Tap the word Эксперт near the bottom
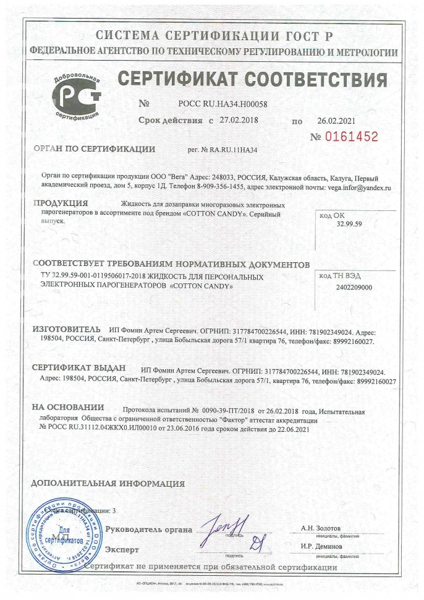pyautogui.click(x=122, y=549)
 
